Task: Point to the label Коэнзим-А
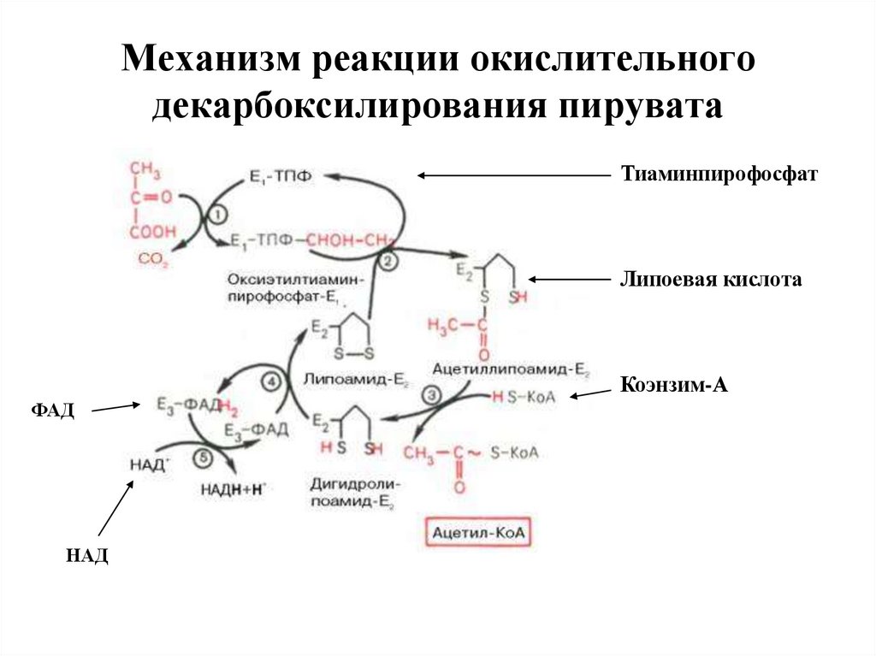(x=673, y=385)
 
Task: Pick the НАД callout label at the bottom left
(x=87, y=557)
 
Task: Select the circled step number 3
(x=431, y=396)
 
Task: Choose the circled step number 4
(x=272, y=382)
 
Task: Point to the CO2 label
(x=154, y=257)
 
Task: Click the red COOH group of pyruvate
(x=154, y=231)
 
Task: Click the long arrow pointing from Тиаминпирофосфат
(x=513, y=175)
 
